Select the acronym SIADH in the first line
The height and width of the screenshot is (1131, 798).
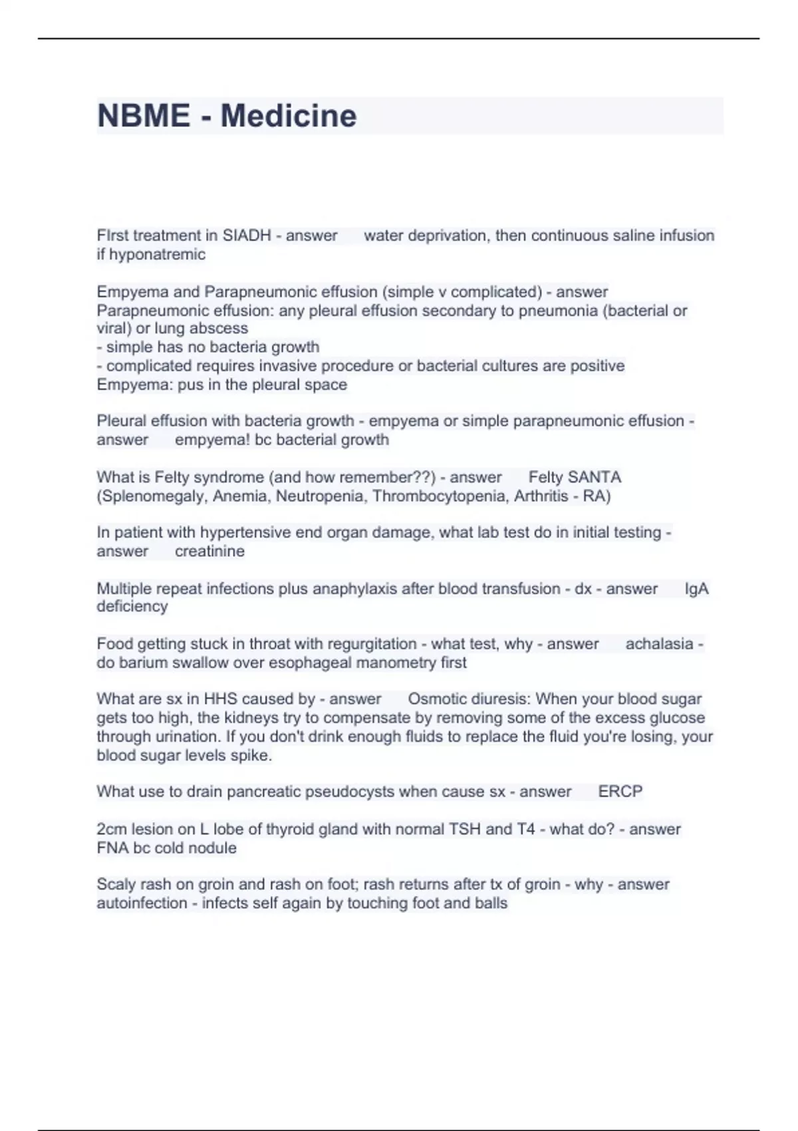pyautogui.click(x=247, y=236)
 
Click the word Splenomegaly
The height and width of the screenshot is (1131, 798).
pyautogui.click(x=152, y=496)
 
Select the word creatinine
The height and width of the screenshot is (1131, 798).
pyautogui.click(x=209, y=551)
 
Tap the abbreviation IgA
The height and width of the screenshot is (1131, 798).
pyautogui.click(x=696, y=589)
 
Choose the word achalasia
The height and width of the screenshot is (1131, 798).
pyautogui.click(x=659, y=644)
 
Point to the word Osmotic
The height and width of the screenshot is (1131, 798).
pyautogui.click(x=436, y=699)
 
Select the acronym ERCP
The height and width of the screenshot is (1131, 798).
pyautogui.click(x=620, y=792)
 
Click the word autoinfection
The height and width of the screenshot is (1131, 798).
pyautogui.click(x=142, y=903)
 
